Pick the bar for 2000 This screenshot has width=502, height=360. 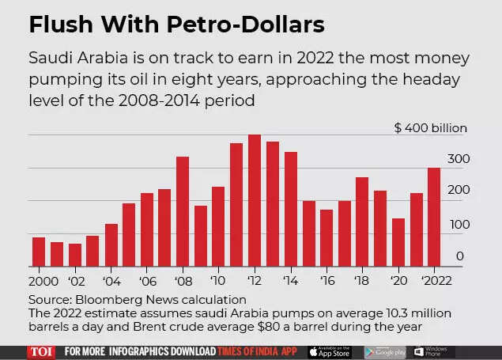click(39, 251)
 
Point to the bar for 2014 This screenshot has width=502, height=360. click(290, 209)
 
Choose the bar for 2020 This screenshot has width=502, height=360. click(398, 242)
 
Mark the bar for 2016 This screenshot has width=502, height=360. click(326, 237)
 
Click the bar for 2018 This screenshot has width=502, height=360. click(362, 222)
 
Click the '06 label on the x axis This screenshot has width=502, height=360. click(146, 280)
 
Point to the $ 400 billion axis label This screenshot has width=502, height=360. click(432, 128)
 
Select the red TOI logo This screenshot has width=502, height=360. click(41, 351)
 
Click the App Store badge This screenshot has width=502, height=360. click(330, 351)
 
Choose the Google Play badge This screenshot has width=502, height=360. click(385, 351)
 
